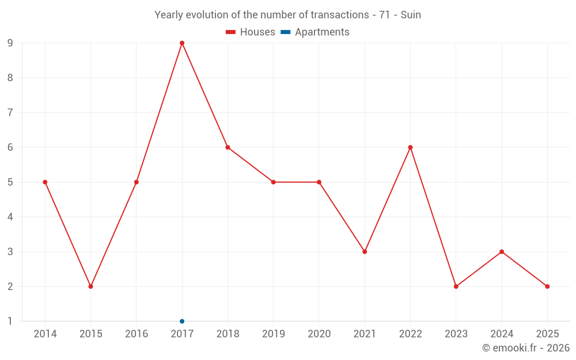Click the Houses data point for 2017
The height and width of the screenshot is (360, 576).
(182, 43)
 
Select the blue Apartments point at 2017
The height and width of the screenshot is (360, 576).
(182, 321)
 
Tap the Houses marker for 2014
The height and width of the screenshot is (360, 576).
(45, 182)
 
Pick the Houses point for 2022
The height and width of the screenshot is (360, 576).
(410, 147)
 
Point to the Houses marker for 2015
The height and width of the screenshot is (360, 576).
(90, 286)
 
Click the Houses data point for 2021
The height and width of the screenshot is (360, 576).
(365, 252)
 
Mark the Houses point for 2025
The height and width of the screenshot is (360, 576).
(547, 286)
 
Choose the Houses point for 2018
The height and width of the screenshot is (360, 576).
(228, 147)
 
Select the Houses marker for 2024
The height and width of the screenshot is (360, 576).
(502, 252)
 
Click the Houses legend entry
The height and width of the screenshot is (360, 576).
(251, 32)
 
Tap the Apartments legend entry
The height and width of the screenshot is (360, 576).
(315, 32)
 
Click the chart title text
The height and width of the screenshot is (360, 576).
(287, 15)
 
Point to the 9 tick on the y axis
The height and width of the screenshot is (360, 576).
(10, 43)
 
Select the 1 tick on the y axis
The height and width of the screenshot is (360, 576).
(10, 321)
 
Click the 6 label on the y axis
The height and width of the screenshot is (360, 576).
(10, 147)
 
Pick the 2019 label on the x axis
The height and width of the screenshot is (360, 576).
(273, 334)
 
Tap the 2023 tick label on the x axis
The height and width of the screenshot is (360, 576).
(456, 334)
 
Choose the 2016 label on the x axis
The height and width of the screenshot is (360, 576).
(137, 334)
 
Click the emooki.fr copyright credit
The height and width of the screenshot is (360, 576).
(525, 348)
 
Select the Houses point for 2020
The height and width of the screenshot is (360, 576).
(319, 182)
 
